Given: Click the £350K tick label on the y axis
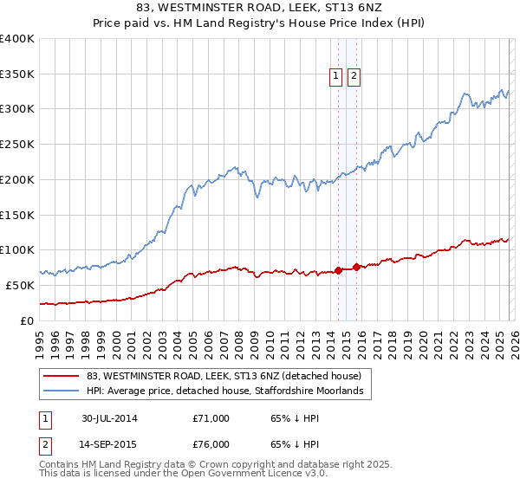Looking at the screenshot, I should [17, 74].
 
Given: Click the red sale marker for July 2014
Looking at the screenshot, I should [338, 270].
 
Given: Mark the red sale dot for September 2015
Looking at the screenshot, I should [356, 267].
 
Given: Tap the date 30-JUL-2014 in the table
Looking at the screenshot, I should [109, 418].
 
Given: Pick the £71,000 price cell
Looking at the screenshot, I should [211, 418].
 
